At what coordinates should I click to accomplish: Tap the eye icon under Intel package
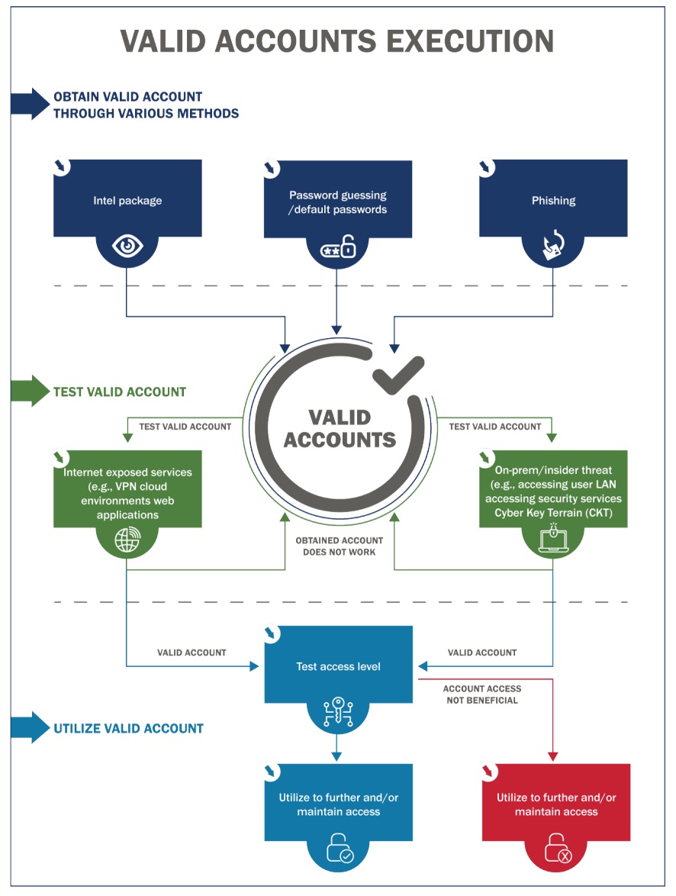(x=127, y=246)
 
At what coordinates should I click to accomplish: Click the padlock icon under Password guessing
(x=338, y=248)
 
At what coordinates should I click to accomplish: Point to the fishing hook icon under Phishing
(x=553, y=246)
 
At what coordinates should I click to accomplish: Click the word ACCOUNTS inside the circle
(x=341, y=440)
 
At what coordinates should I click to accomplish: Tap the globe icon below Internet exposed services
(x=127, y=540)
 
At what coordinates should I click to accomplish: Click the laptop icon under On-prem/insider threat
(x=553, y=540)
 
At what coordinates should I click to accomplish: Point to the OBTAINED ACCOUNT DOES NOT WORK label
(x=340, y=546)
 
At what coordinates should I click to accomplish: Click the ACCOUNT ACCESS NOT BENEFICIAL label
(x=481, y=695)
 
